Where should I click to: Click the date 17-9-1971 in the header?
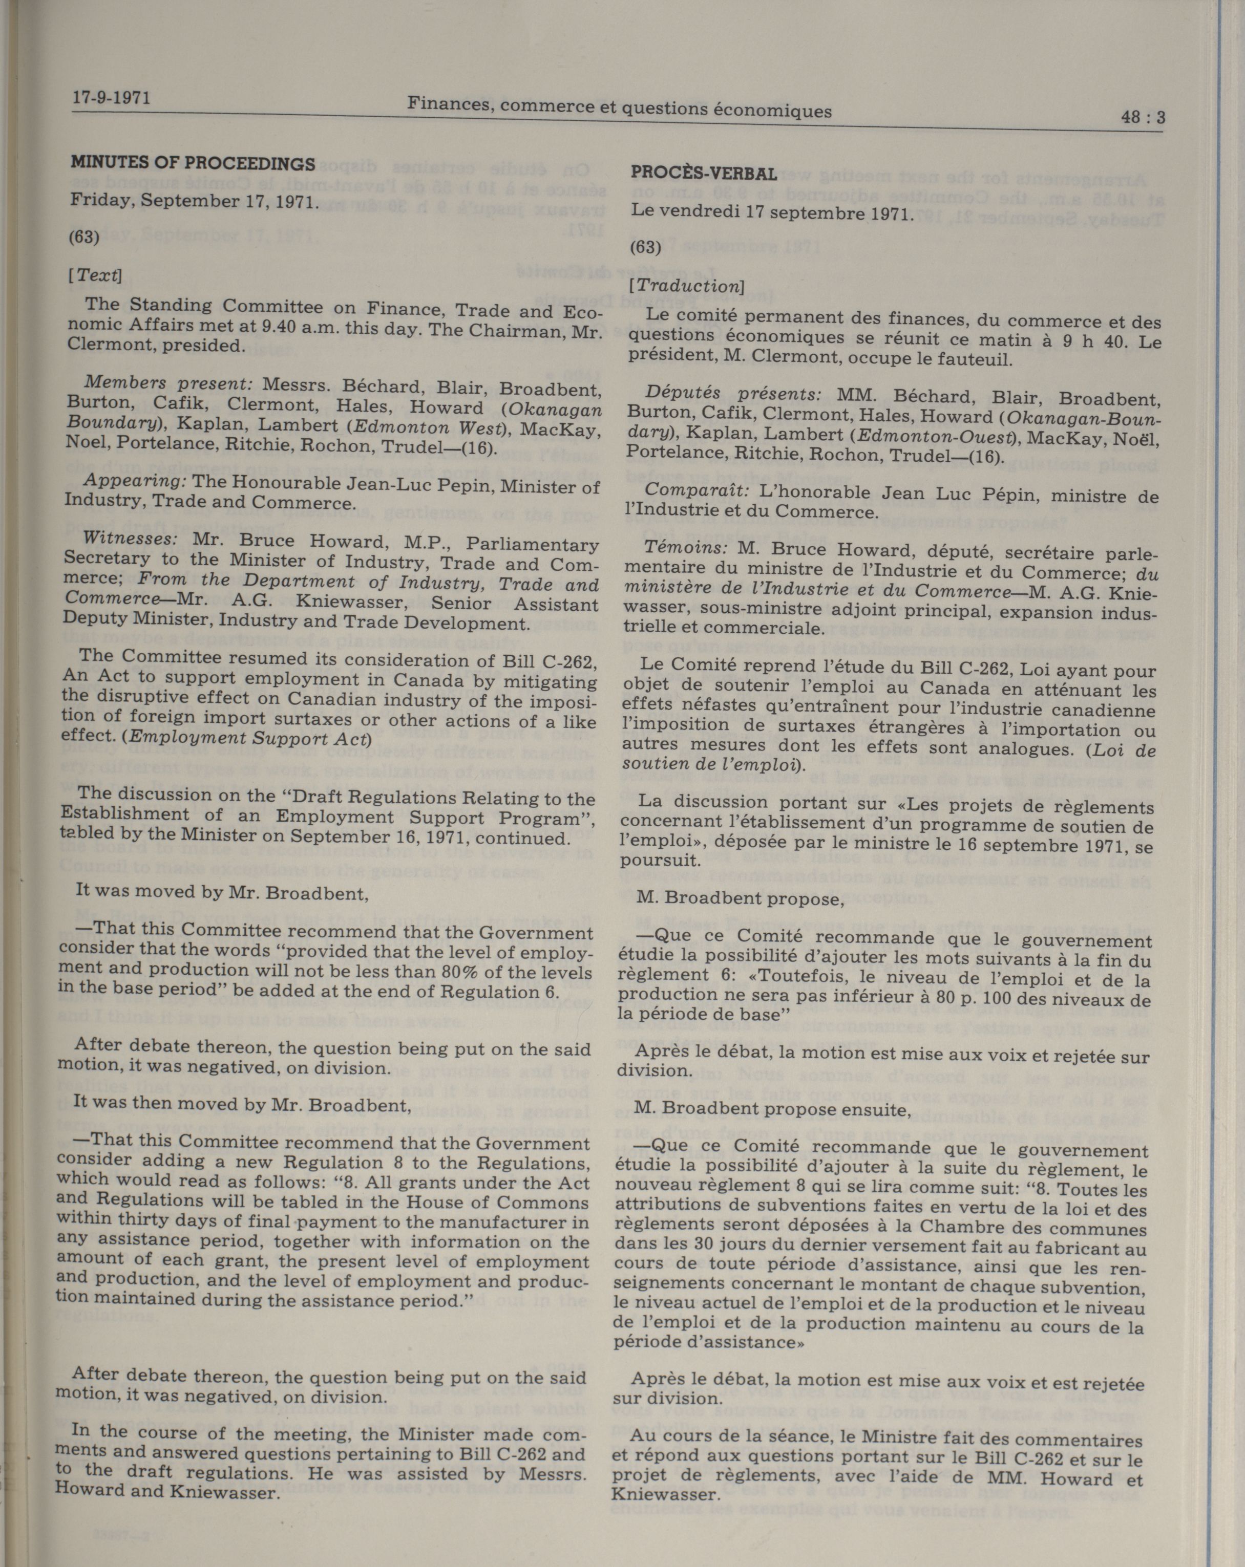point(111,97)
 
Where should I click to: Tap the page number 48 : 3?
point(1143,117)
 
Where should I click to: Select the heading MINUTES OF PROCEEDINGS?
point(193,163)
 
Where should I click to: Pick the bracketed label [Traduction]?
point(686,286)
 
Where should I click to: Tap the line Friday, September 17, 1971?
point(194,201)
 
